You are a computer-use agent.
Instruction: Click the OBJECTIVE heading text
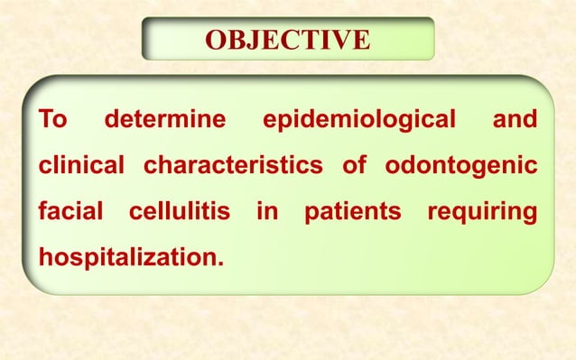[287, 41]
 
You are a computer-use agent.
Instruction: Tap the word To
[51, 120]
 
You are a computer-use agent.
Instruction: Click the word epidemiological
[358, 121]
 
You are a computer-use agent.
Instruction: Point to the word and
[515, 120]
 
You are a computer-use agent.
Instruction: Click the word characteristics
[232, 167]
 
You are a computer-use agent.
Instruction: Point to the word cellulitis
[180, 214]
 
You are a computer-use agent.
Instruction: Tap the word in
[268, 214]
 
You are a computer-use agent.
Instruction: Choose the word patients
[352, 214]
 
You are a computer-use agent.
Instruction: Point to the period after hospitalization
[218, 265]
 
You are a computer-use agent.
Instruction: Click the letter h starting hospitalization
[44, 256]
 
